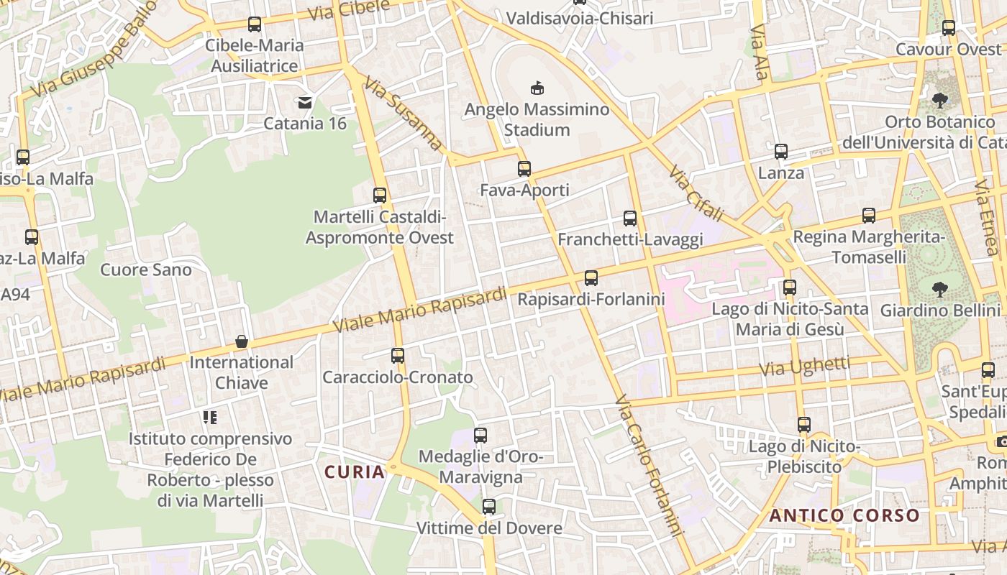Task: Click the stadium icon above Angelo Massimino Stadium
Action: [x=536, y=88]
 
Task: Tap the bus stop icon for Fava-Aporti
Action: [x=524, y=169]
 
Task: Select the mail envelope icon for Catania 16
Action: [x=305, y=102]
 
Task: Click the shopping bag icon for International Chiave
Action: [x=242, y=341]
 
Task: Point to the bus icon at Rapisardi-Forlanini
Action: [x=591, y=277]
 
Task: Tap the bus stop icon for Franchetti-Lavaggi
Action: [x=630, y=218]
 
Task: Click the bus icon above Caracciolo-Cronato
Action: [x=398, y=355]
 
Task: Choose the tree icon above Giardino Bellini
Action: [x=939, y=290]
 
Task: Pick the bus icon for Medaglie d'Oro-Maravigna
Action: [x=480, y=435]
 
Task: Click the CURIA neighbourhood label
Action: [x=355, y=472]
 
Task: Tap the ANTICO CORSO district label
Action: [x=844, y=515]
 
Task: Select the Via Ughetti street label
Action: [x=805, y=367]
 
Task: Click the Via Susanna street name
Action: [x=403, y=114]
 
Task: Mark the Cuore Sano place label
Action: [x=146, y=270]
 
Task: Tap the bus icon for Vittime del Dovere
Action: [x=489, y=507]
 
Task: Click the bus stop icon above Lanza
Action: [x=781, y=152]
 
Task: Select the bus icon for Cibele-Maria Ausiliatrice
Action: [x=255, y=24]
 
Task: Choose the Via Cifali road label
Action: [x=696, y=194]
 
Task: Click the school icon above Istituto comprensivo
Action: [x=210, y=417]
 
